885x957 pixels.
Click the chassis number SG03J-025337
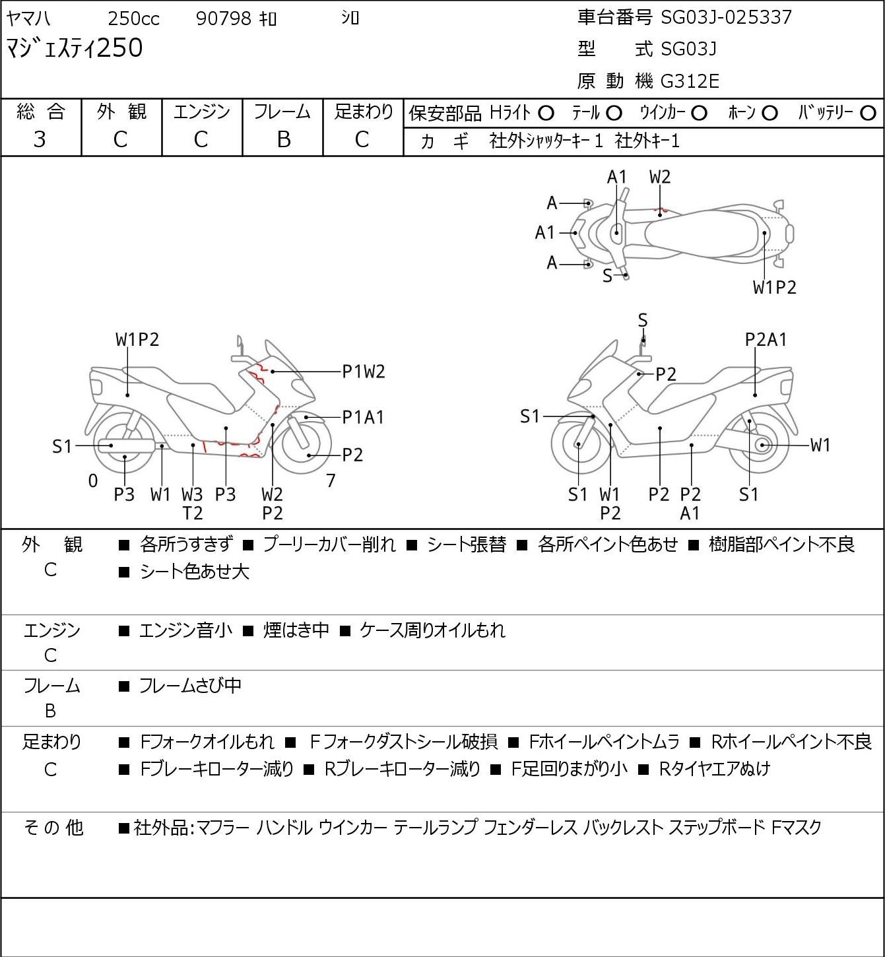point(726,17)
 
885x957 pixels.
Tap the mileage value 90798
point(223,18)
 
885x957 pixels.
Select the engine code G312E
point(690,81)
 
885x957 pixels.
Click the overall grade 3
point(40,139)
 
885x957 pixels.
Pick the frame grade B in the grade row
point(283,139)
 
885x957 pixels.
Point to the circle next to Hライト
point(546,114)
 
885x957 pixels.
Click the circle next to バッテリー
point(868,114)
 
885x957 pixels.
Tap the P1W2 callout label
point(364,372)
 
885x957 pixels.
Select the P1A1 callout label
point(364,417)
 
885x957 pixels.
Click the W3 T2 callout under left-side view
point(192,504)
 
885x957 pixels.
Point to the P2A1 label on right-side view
point(766,340)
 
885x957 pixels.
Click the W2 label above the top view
point(660,177)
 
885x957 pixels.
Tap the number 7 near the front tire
point(330,480)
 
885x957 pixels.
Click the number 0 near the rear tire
point(93,480)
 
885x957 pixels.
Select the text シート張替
point(467,544)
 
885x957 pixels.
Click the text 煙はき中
point(296,630)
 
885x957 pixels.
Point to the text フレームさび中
point(190,685)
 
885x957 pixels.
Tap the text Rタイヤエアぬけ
point(715,769)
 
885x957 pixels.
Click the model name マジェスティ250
point(74,48)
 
